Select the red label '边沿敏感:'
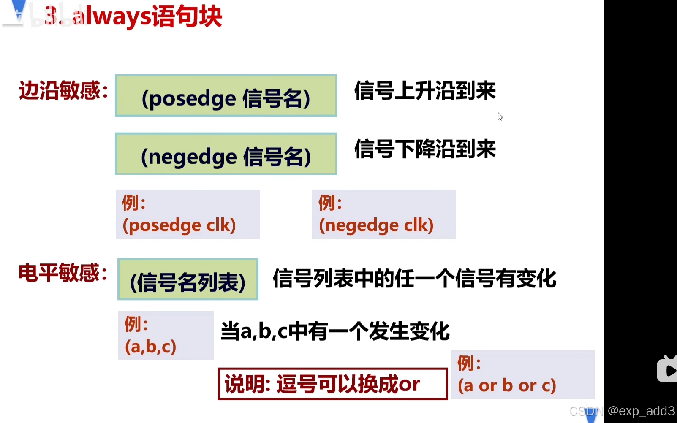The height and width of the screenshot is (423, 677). pyautogui.click(x=63, y=91)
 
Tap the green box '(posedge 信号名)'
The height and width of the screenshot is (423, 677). pyautogui.click(x=226, y=96)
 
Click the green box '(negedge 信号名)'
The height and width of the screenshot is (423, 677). pyautogui.click(x=226, y=154)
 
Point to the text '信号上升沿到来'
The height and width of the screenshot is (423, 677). pyautogui.click(x=425, y=91)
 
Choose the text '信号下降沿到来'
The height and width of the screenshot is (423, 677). pyautogui.click(x=425, y=149)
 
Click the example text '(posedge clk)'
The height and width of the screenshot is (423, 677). pyautogui.click(x=179, y=225)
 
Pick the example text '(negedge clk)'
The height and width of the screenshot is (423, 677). pyautogui.click(x=376, y=225)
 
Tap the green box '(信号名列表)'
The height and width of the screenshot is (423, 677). pyautogui.click(x=188, y=280)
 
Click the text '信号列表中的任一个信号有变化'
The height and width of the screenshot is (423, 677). pyautogui.click(x=414, y=279)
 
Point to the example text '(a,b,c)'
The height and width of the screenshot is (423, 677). pyautogui.click(x=150, y=347)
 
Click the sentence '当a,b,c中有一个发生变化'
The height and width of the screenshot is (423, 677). pyautogui.click(x=335, y=331)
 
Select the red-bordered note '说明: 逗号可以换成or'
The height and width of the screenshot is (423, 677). pyautogui.click(x=332, y=384)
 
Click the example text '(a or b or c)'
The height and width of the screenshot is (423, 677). pyautogui.click(x=507, y=385)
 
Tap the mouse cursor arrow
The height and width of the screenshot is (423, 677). pyautogui.click(x=500, y=117)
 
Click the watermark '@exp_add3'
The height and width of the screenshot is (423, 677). pyautogui.click(x=641, y=411)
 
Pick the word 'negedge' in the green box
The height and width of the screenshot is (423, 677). pyautogui.click(x=192, y=157)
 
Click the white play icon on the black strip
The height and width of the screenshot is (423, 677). pyautogui.click(x=669, y=371)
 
